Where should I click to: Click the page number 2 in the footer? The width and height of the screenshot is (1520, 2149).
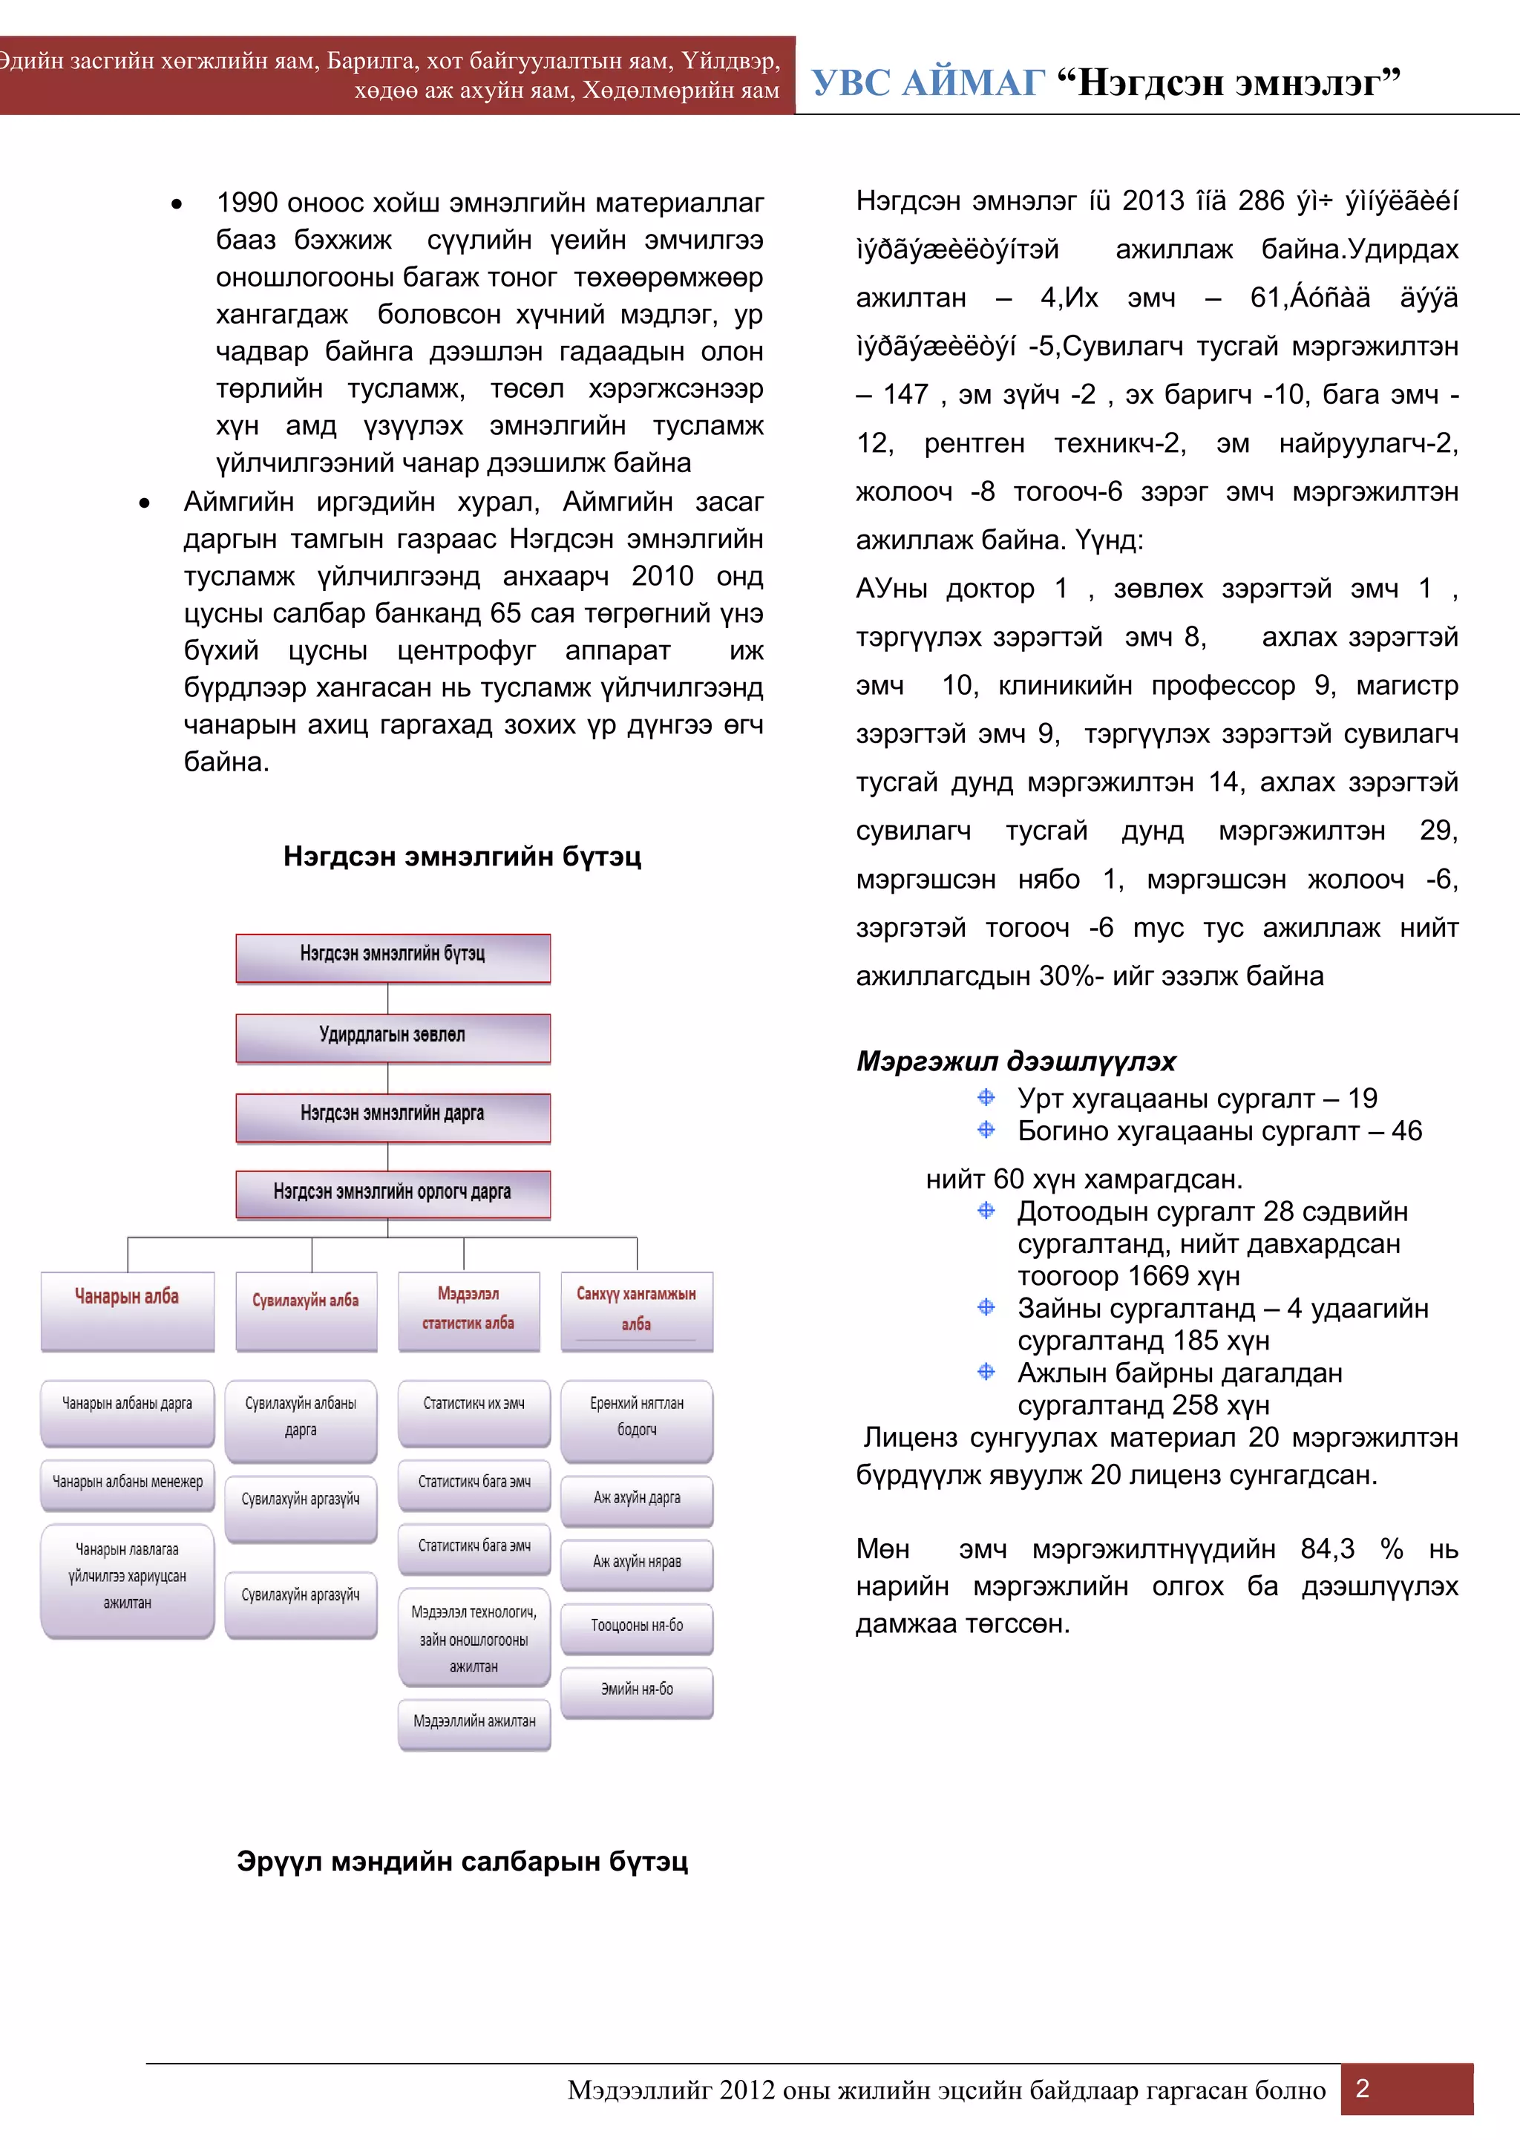1363,2088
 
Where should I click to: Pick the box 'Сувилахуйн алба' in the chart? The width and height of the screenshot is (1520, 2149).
306,1309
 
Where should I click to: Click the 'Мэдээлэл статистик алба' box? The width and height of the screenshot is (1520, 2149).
469,1309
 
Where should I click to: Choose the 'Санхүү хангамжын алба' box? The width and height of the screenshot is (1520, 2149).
637,1309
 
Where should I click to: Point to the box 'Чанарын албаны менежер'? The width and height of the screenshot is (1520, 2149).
128,1482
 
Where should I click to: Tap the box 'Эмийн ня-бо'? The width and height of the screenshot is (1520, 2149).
637,1690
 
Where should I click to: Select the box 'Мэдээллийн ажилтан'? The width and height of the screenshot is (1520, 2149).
474,1722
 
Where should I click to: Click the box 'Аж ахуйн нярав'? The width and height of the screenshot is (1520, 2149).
637,1562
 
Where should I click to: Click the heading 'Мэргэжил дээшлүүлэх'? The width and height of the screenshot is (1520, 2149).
1015,1062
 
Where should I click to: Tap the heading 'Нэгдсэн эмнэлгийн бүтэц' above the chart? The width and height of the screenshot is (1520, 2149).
462,857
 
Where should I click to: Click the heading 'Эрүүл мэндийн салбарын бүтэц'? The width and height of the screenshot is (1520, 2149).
462,1861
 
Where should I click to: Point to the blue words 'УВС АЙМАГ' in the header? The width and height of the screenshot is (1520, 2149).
926,82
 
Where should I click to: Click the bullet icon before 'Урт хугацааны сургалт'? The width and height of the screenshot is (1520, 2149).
986,1097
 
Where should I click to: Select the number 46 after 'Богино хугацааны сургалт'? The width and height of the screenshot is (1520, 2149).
1406,1131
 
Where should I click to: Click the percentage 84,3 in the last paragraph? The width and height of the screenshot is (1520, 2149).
1326,1549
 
